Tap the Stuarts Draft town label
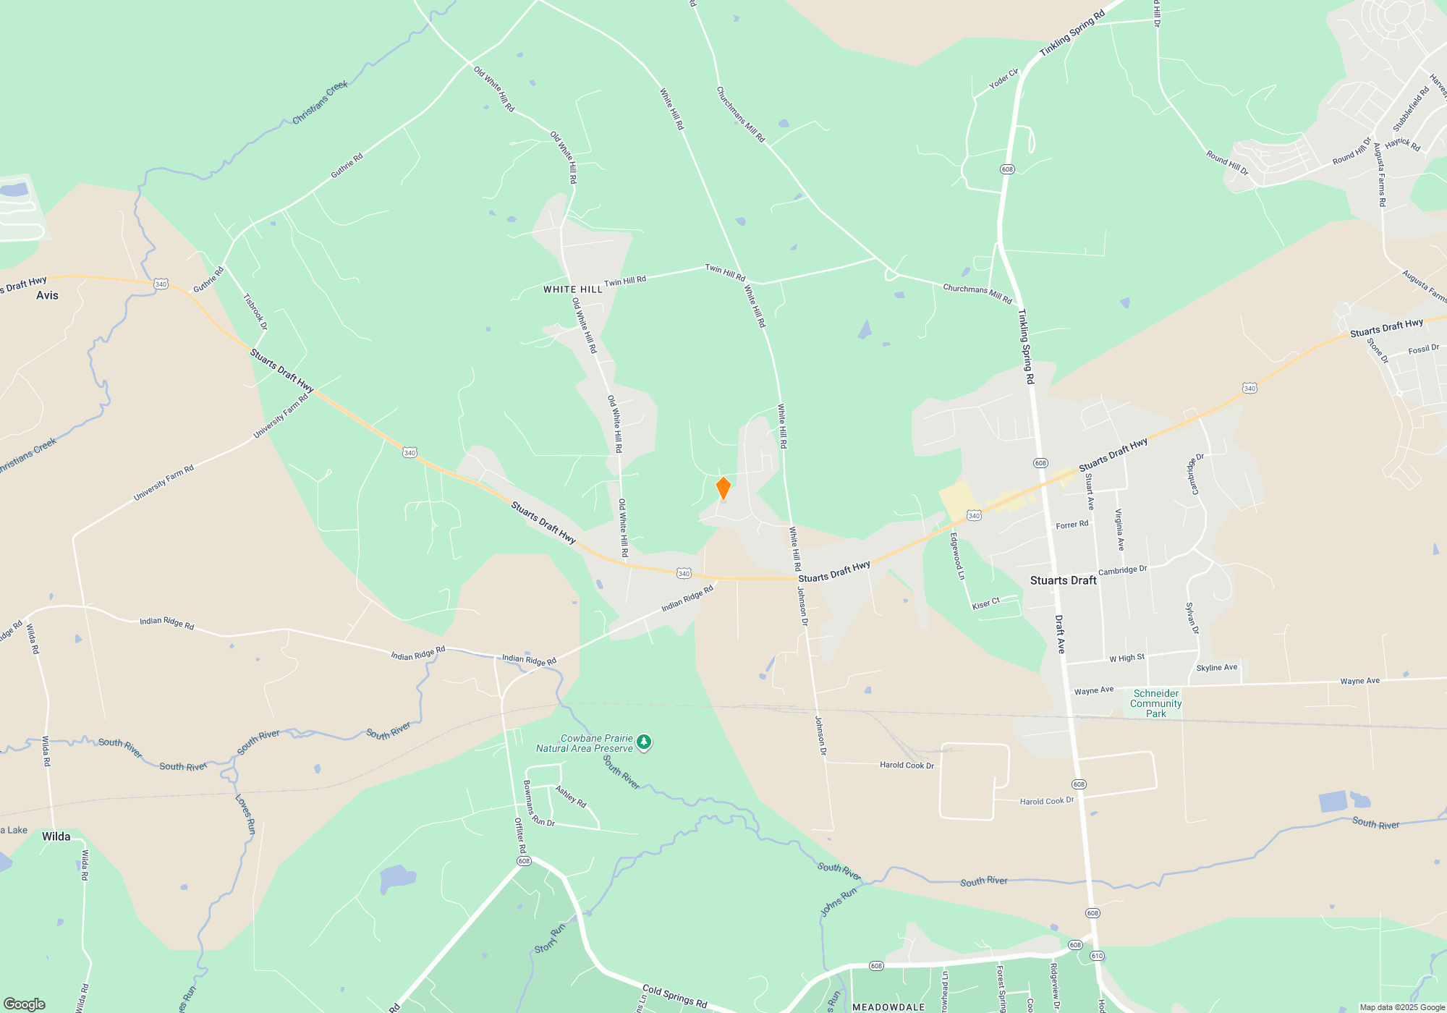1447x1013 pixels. (x=1063, y=580)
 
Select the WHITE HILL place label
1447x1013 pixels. (x=572, y=289)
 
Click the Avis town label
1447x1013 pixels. (x=47, y=295)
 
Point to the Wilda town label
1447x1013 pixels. (x=56, y=836)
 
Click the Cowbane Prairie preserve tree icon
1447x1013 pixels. (x=643, y=742)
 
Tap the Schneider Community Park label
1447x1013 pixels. (x=1155, y=703)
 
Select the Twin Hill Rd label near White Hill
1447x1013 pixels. (x=625, y=281)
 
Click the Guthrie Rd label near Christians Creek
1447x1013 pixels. (x=347, y=166)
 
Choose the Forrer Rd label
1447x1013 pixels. (x=1072, y=525)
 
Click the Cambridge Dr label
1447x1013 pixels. (x=1122, y=570)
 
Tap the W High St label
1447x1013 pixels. (x=1126, y=658)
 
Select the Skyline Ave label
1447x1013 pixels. (x=1216, y=668)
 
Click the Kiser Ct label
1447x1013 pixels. (x=985, y=603)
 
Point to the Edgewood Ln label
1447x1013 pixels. (x=957, y=556)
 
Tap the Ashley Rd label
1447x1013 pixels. (x=571, y=797)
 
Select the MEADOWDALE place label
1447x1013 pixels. (x=888, y=1007)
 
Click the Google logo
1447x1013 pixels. (x=25, y=1004)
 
